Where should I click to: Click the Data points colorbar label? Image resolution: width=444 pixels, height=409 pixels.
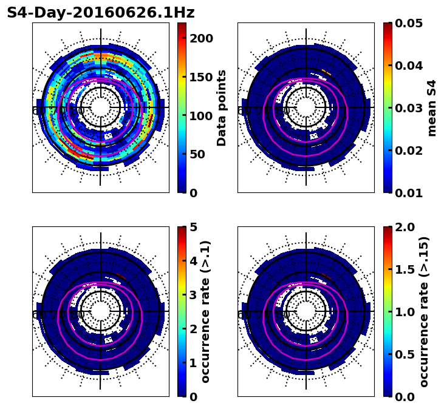(222, 107)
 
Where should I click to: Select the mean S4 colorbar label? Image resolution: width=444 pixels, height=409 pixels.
(432, 107)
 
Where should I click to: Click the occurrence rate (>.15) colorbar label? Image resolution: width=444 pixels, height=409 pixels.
(425, 311)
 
